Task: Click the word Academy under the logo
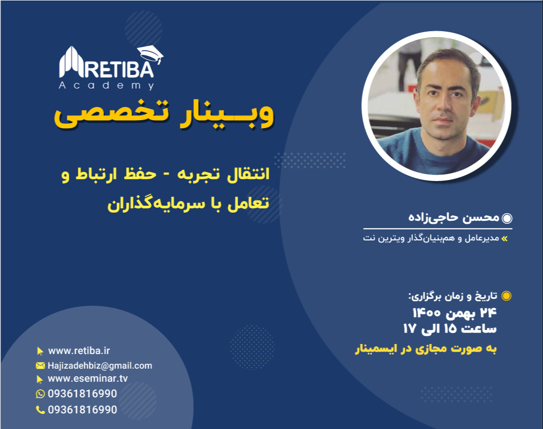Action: tap(106, 86)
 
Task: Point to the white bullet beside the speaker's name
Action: tap(507, 218)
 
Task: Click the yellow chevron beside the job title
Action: tap(505, 238)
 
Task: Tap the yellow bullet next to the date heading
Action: tap(506, 296)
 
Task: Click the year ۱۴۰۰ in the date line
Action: tap(426, 313)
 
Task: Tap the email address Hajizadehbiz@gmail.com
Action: tap(99, 366)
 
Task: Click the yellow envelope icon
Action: tap(40, 366)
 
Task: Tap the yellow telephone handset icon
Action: tap(40, 410)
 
